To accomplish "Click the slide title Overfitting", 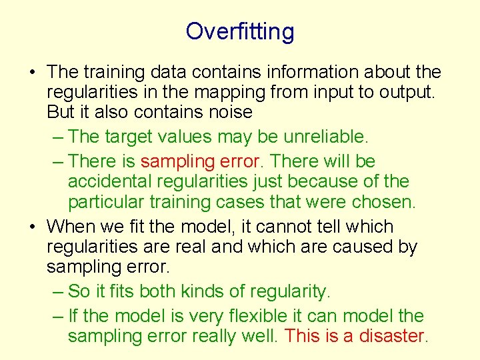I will click(239, 31).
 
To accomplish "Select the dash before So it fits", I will click(57, 291).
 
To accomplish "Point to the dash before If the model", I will click(57, 315).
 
